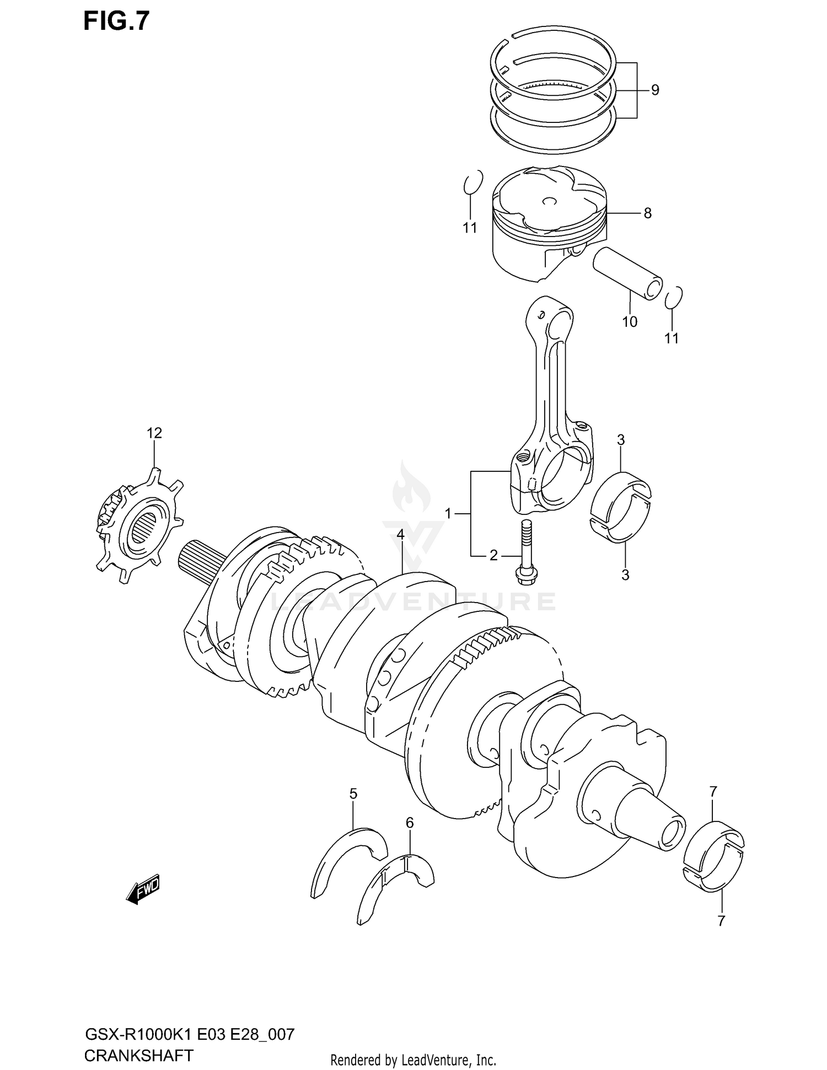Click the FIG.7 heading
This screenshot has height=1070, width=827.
coord(116,21)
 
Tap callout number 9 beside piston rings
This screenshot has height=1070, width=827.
coord(654,90)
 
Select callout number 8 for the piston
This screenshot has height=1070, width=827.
coord(647,213)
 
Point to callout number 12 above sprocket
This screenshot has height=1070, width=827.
coord(154,433)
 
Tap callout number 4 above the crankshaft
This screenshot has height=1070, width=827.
coord(400,534)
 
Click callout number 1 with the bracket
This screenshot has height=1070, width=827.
coord(448,514)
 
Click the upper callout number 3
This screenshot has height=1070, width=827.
coord(621,440)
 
